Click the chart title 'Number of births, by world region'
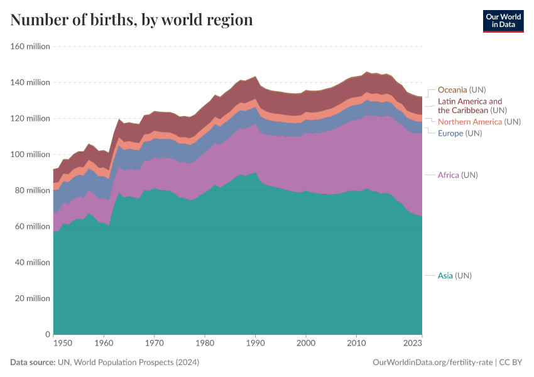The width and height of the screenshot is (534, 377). (131, 20)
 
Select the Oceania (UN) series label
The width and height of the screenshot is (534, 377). (461, 90)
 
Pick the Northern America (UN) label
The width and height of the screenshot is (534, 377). (479, 121)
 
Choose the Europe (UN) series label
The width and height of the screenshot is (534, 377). (459, 133)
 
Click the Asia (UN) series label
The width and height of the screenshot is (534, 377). (454, 275)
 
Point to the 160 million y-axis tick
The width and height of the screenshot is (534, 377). (30, 46)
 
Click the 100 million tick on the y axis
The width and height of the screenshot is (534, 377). (30, 155)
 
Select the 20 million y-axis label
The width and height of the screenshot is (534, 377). (32, 298)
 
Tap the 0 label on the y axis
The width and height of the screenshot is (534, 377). (46, 334)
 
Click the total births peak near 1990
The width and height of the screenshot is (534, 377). (255, 77)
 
